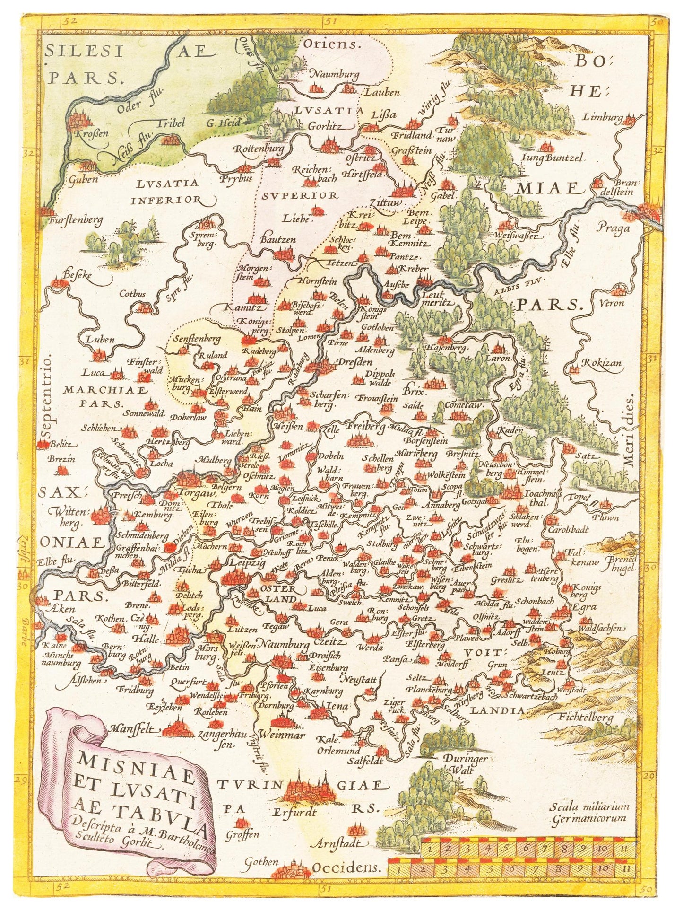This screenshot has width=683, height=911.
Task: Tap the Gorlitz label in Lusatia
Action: point(324,126)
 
